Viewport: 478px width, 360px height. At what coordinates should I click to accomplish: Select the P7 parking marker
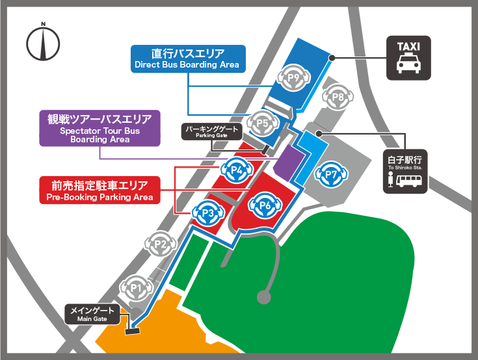click(x=331, y=174)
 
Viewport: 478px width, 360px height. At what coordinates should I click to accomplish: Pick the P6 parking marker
click(x=265, y=205)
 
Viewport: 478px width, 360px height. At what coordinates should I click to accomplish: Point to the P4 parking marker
click(x=237, y=171)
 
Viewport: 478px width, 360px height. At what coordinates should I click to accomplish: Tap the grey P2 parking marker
click(x=161, y=244)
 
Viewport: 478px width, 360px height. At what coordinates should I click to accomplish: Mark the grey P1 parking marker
click(x=135, y=286)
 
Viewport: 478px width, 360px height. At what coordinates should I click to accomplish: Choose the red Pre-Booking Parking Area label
click(x=100, y=190)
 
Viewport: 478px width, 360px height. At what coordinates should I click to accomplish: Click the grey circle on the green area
click(x=263, y=298)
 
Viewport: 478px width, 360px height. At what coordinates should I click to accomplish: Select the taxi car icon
click(x=408, y=66)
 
